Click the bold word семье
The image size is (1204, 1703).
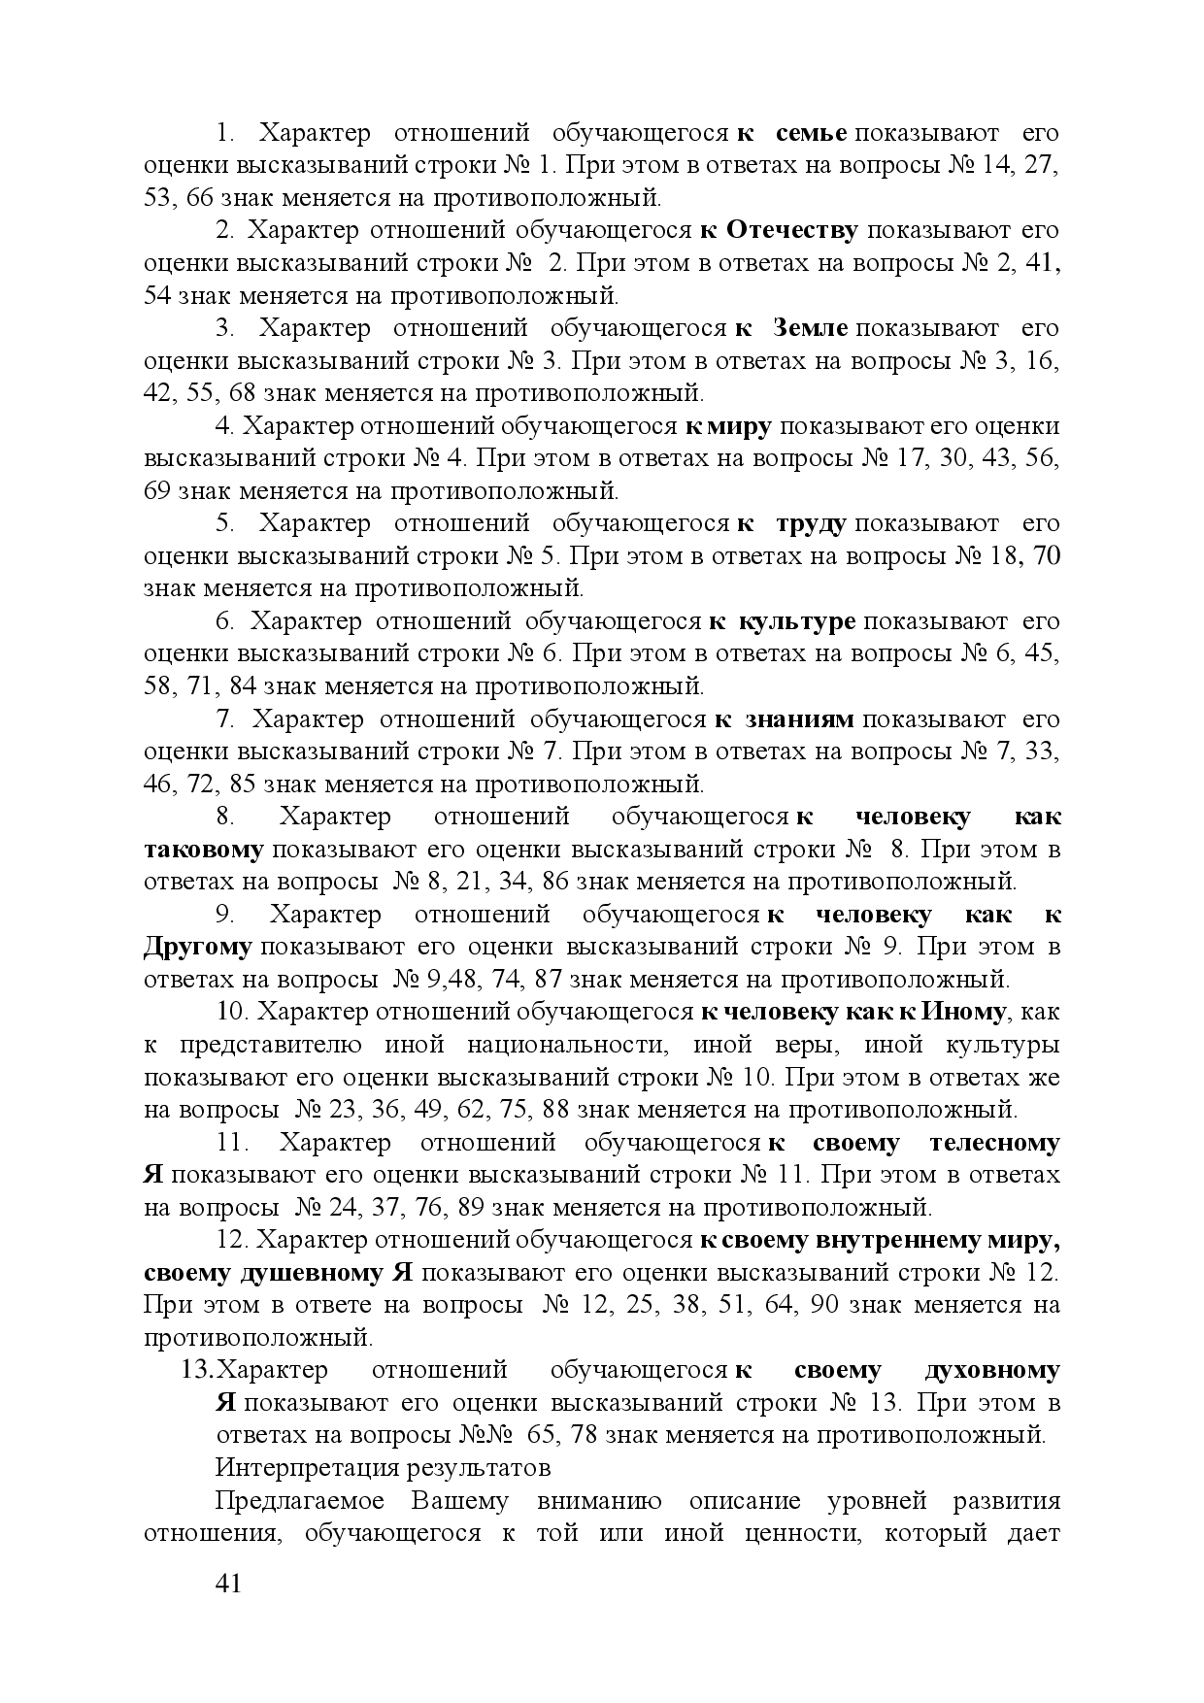[x=813, y=133]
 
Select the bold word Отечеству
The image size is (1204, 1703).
[x=792, y=231]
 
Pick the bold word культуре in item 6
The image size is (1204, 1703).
[x=797, y=621]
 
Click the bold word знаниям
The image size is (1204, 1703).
[x=799, y=719]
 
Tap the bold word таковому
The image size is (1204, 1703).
[x=204, y=850]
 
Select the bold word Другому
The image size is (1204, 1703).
[x=198, y=947]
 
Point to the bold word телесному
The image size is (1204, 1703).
[x=994, y=1143]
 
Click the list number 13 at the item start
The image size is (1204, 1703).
[x=197, y=1371]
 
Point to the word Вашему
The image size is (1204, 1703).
[x=459, y=1501]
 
